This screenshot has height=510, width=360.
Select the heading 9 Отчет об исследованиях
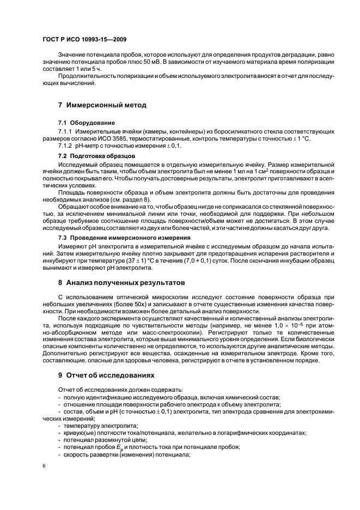[x=106, y=375]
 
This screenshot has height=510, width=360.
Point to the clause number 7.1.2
[x=66, y=146]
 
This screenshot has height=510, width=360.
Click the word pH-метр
[x=88, y=146]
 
